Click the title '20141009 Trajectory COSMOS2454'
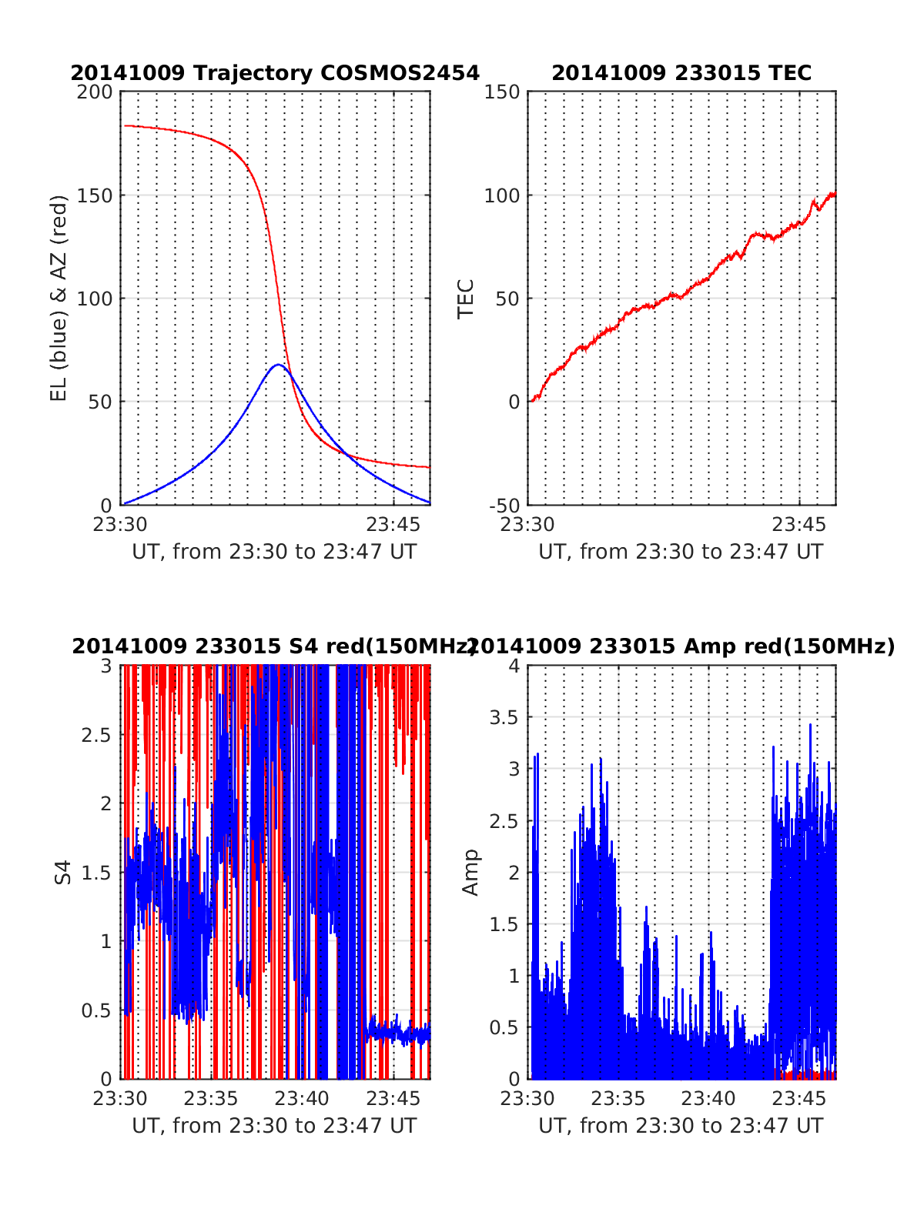point(275,73)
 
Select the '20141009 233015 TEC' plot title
point(681,73)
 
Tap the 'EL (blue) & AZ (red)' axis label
point(59,298)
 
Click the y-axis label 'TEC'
point(466,299)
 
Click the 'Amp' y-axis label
point(470,872)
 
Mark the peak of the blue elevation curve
point(278,365)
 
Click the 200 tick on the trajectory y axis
point(95,92)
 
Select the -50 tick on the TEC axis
point(504,506)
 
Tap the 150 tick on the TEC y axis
point(502,92)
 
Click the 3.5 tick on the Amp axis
point(505,717)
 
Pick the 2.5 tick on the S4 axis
point(97,734)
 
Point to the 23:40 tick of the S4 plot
point(303,1098)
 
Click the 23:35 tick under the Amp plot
point(618,1098)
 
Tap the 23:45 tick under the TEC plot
point(798,525)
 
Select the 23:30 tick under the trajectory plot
point(121,525)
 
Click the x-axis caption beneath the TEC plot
point(681,552)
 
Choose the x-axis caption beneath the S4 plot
point(274,1126)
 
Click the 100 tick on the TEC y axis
point(502,195)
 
